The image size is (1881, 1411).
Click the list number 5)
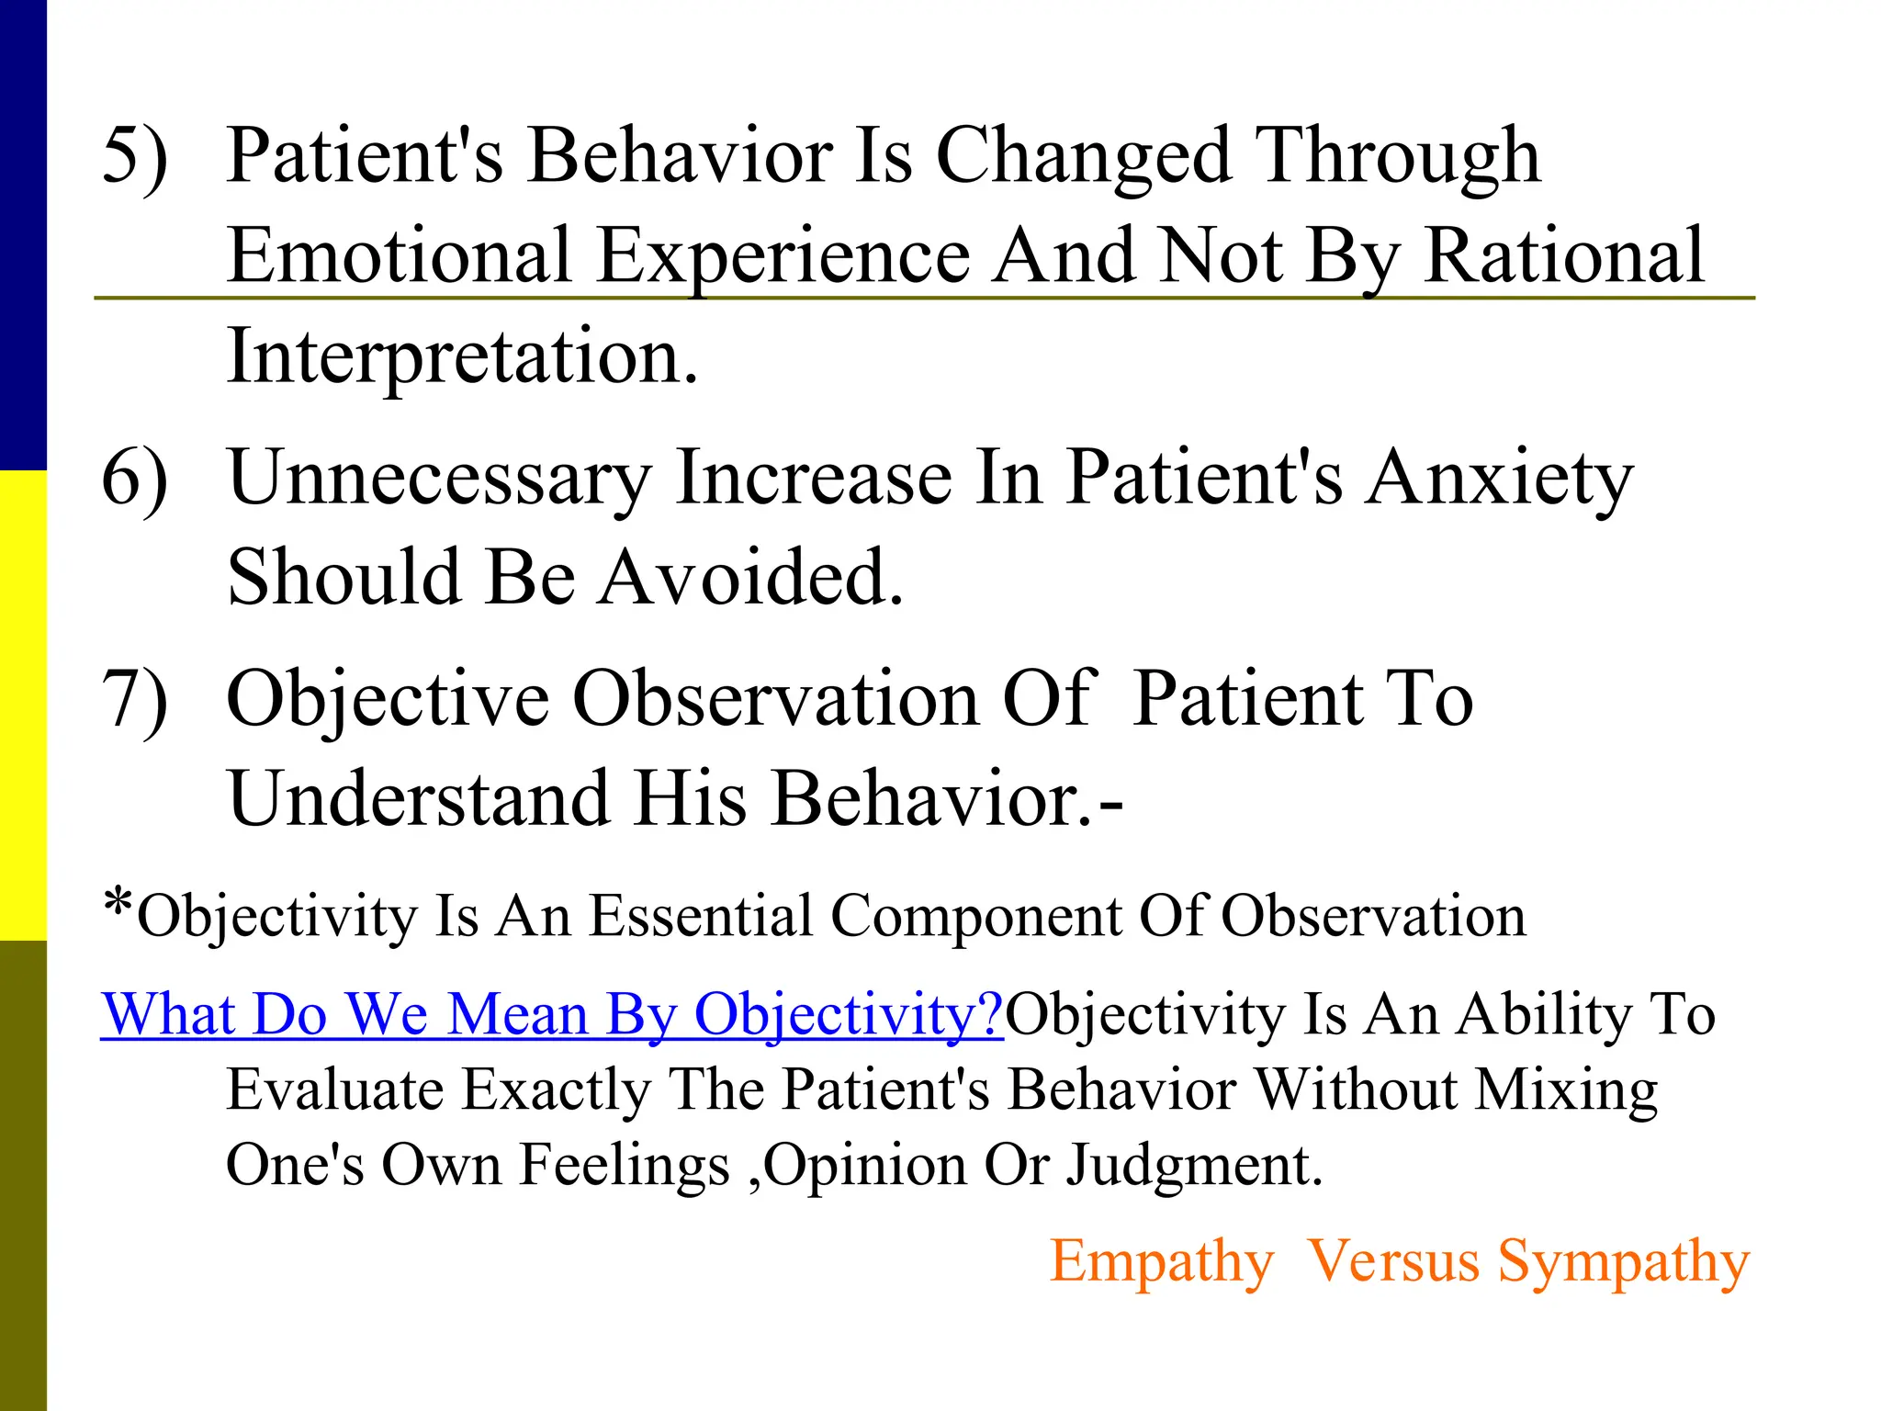[134, 156]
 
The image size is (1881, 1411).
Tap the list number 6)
[134, 478]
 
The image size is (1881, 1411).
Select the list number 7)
[134, 699]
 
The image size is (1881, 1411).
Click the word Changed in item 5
[1083, 156]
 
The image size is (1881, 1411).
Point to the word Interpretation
[462, 356]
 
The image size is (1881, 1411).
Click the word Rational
[1564, 254]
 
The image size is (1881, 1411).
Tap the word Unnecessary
[439, 478]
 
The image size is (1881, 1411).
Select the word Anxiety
[1498, 478]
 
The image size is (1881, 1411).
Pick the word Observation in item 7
[776, 699]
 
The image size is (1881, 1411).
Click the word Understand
[418, 798]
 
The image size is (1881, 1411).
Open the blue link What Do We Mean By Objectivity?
[551, 1016]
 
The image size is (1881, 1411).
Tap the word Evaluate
[334, 1090]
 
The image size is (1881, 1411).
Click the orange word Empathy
[1162, 1261]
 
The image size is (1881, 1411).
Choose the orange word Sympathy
[1623, 1261]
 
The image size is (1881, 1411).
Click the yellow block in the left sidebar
[23, 705]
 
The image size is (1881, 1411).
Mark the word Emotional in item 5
[400, 254]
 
